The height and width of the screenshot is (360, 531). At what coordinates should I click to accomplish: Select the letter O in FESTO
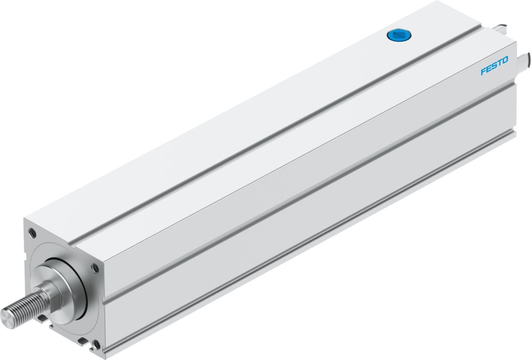[491, 61]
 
